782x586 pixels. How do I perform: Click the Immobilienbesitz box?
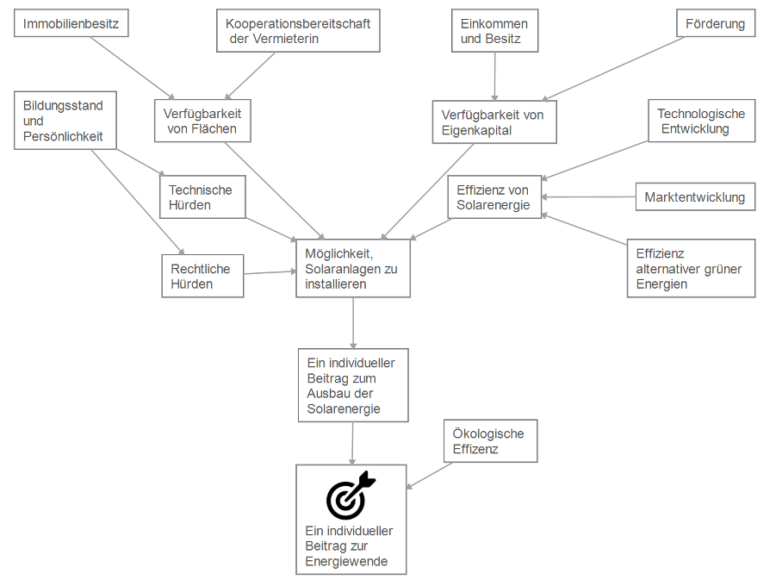(71, 23)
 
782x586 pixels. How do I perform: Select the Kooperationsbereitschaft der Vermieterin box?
(297, 31)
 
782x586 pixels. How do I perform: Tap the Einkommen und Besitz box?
(494, 31)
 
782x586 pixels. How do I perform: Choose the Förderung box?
(715, 23)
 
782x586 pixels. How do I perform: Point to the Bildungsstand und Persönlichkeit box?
(65, 121)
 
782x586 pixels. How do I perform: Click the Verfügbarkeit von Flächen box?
(202, 122)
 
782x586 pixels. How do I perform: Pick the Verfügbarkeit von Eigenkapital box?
(493, 122)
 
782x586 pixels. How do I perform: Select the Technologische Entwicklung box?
(701, 122)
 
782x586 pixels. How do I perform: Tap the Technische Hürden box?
(202, 197)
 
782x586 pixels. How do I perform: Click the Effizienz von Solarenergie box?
(494, 197)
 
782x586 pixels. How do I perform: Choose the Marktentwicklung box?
(695, 197)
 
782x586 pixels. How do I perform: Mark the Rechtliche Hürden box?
(202, 276)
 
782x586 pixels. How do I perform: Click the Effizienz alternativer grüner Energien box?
(690, 269)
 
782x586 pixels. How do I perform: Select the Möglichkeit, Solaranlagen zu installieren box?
(352, 269)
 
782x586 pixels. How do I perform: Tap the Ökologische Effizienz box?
(489, 441)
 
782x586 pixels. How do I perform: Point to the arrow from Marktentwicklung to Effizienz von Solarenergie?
(589, 197)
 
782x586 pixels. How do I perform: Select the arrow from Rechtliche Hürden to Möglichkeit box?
(270, 273)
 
